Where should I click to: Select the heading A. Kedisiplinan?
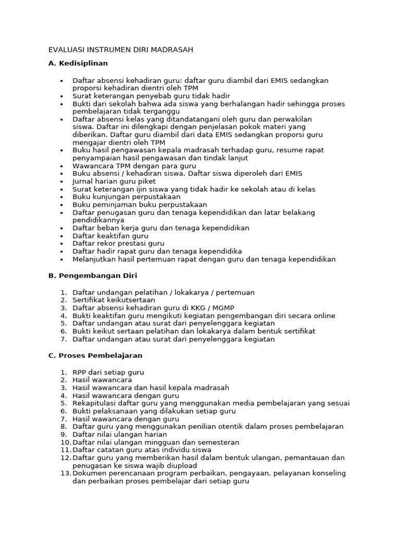pyautogui.click(x=78, y=63)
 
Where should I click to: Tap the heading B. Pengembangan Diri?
pyautogui.click(x=93, y=275)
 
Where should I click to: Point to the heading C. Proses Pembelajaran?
pyautogui.click(x=95, y=355)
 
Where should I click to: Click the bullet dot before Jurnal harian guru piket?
pyautogui.click(x=61, y=181)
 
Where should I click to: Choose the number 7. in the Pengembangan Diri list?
pyautogui.click(x=63, y=339)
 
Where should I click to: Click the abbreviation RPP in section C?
pyautogui.click(x=80, y=372)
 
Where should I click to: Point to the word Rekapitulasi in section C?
pyautogui.click(x=95, y=403)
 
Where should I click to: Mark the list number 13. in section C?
pyautogui.click(x=65, y=474)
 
